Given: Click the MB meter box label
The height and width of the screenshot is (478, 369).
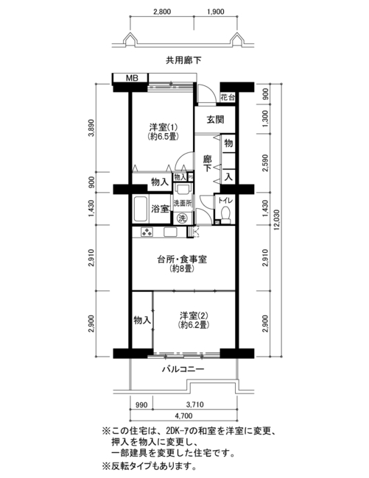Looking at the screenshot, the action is (132, 78).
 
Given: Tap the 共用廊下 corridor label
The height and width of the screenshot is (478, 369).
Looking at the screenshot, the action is (183, 60).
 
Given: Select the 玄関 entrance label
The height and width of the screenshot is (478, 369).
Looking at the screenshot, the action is (215, 119).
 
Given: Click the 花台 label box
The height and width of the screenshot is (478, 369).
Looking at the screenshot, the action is (228, 98).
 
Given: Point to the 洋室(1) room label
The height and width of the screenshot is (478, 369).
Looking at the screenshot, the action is (163, 131).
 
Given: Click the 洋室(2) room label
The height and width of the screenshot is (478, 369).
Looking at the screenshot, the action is (193, 320).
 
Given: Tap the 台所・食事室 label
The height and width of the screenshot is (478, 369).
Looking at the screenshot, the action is (182, 264).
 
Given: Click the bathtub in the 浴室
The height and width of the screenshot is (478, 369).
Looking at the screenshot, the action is (141, 209).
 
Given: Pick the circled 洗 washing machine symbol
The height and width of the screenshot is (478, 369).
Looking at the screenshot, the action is (182, 218).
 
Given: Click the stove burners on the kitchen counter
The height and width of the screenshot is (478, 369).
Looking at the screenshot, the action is (147, 232).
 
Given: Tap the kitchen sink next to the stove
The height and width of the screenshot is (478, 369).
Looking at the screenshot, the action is (170, 232).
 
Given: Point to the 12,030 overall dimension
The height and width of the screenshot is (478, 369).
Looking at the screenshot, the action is (276, 220).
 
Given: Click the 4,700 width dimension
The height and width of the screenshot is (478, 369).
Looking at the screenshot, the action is (183, 415).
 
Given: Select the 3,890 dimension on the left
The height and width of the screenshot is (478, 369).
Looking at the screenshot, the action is (91, 128).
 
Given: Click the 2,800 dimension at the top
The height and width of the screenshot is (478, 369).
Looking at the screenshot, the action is (162, 12).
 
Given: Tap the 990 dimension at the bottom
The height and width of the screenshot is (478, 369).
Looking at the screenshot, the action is (141, 405).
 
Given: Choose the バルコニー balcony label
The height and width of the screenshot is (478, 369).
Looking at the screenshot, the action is (183, 369).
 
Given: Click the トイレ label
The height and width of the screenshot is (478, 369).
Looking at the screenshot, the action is (225, 201).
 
